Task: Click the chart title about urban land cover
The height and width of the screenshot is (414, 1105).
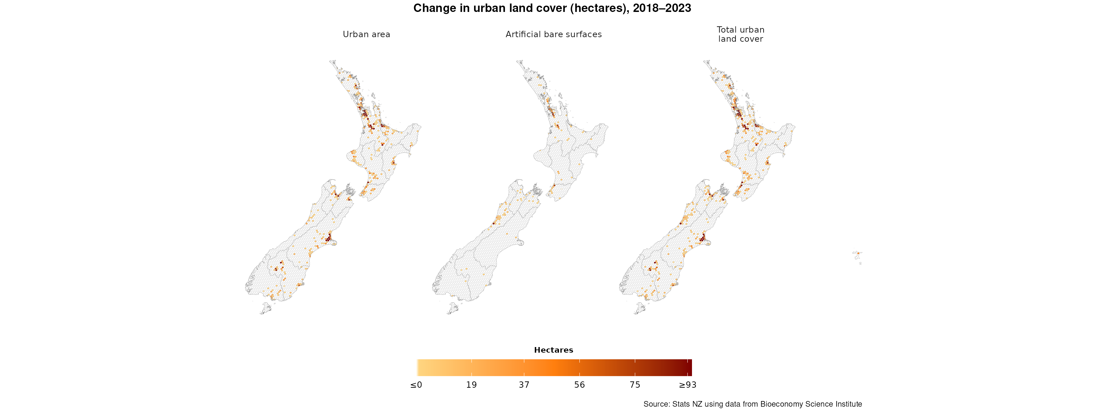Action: tap(552, 8)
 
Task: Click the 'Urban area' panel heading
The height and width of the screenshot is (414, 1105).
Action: tap(366, 34)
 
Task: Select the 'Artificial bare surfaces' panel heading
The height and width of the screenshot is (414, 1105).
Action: tap(553, 34)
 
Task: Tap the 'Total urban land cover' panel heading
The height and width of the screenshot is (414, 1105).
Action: tap(740, 34)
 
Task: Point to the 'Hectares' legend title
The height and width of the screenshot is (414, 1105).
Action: tap(553, 350)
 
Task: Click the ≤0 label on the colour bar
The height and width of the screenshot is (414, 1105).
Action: tap(416, 385)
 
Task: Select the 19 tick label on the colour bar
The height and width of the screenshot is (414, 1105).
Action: tap(471, 385)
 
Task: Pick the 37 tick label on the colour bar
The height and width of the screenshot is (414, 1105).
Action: tap(524, 385)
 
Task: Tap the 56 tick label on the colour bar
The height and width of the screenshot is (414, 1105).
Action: tap(580, 385)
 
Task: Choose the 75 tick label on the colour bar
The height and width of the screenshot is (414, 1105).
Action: tap(635, 385)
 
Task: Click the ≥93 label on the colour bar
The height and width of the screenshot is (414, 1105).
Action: tap(687, 385)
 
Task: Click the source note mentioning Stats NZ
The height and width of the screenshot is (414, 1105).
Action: tap(752, 404)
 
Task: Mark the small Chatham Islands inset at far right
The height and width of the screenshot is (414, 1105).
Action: tap(858, 256)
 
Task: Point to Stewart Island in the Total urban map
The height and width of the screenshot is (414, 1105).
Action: tap(640, 308)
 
